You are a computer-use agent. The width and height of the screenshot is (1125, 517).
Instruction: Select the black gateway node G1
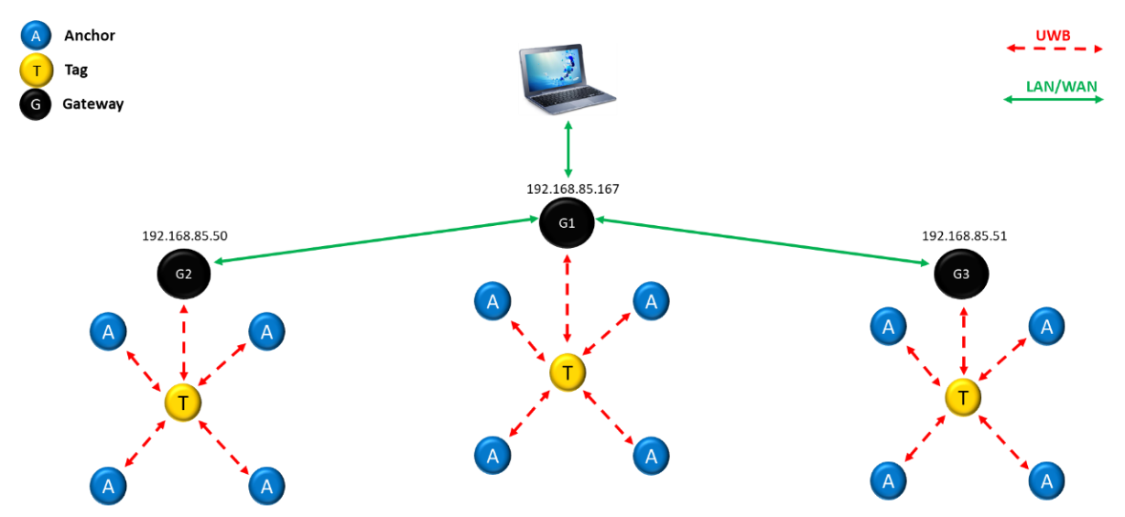(x=567, y=222)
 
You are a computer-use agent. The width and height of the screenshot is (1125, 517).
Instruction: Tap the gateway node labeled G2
(x=183, y=272)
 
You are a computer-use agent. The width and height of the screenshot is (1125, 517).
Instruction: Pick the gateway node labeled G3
(x=960, y=273)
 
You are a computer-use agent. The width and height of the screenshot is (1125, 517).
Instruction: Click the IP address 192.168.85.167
(x=572, y=189)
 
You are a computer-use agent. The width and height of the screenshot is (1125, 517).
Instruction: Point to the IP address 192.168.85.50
(x=185, y=235)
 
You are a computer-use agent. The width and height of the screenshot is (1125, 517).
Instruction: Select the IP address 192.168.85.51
(x=964, y=235)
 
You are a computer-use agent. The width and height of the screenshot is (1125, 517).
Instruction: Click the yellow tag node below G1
(x=568, y=372)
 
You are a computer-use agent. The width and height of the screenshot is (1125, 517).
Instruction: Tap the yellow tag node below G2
(x=183, y=402)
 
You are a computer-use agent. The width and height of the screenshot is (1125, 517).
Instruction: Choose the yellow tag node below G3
(x=963, y=397)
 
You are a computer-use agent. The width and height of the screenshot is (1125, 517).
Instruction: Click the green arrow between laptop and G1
(x=568, y=148)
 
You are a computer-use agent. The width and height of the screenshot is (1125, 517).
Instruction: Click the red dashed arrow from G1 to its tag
(x=568, y=298)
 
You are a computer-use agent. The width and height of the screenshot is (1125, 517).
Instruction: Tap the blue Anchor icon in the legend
(x=36, y=37)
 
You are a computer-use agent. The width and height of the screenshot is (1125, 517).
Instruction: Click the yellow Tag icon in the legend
(x=36, y=70)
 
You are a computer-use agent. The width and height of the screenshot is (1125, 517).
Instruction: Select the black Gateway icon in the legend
(x=36, y=104)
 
